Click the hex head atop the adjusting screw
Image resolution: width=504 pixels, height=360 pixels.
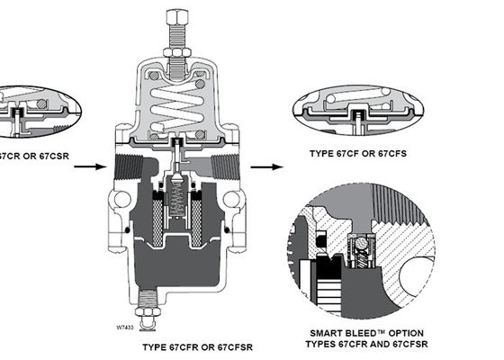174,15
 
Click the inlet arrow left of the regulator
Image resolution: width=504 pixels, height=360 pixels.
86,166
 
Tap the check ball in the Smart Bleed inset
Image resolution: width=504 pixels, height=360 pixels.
363,245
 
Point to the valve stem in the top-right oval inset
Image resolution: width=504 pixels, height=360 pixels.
361,113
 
